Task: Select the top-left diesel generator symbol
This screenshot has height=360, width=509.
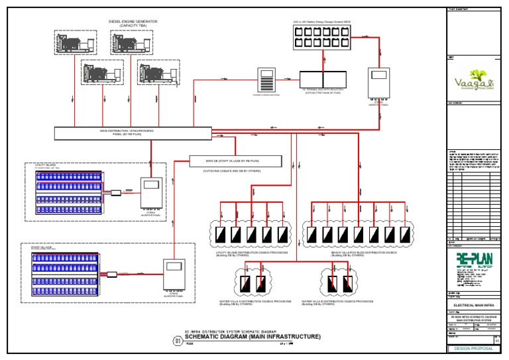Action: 75,43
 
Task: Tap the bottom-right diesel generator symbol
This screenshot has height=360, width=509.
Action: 158,72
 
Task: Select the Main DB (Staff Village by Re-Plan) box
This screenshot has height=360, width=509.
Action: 235,161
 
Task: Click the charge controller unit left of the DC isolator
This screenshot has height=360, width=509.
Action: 266,82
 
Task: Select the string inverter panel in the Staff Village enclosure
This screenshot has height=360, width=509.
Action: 175,273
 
